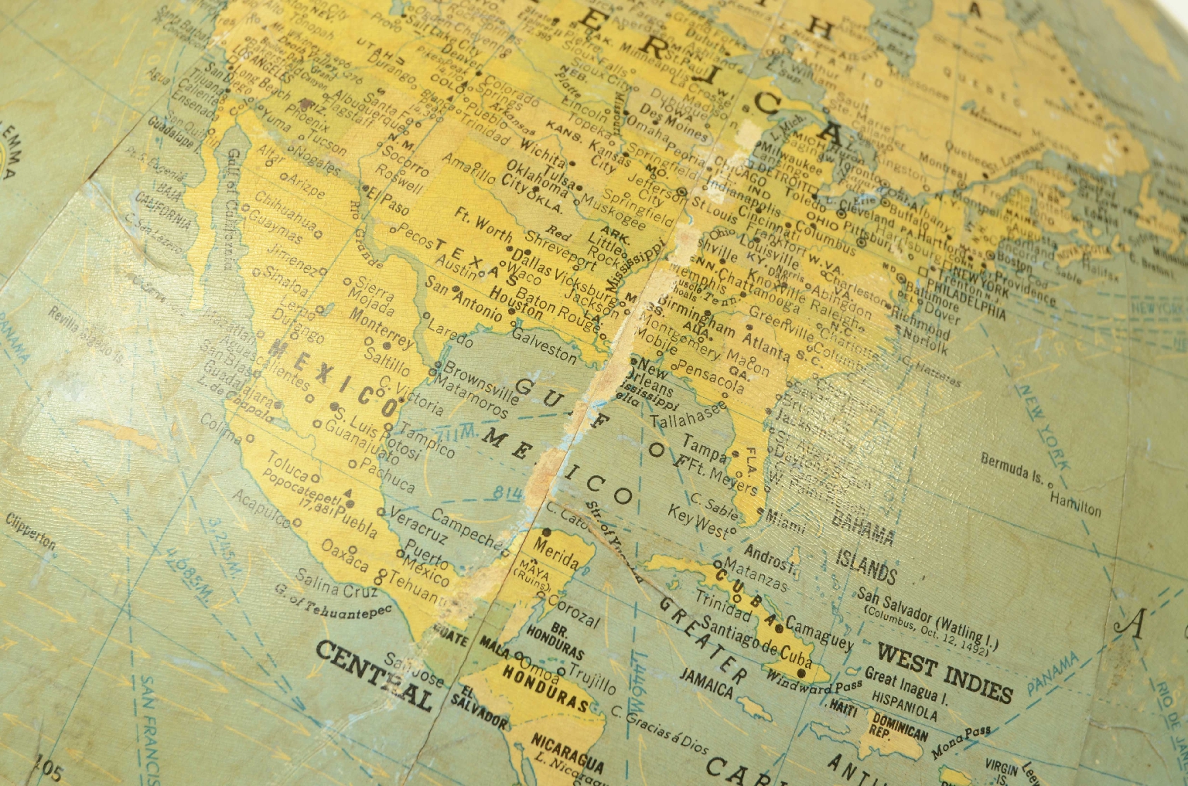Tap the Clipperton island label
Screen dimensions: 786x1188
click(30, 533)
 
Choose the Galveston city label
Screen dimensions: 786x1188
click(544, 345)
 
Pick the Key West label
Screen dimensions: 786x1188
click(698, 522)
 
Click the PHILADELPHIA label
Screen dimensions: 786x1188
click(968, 302)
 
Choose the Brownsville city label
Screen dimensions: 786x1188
click(480, 381)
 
